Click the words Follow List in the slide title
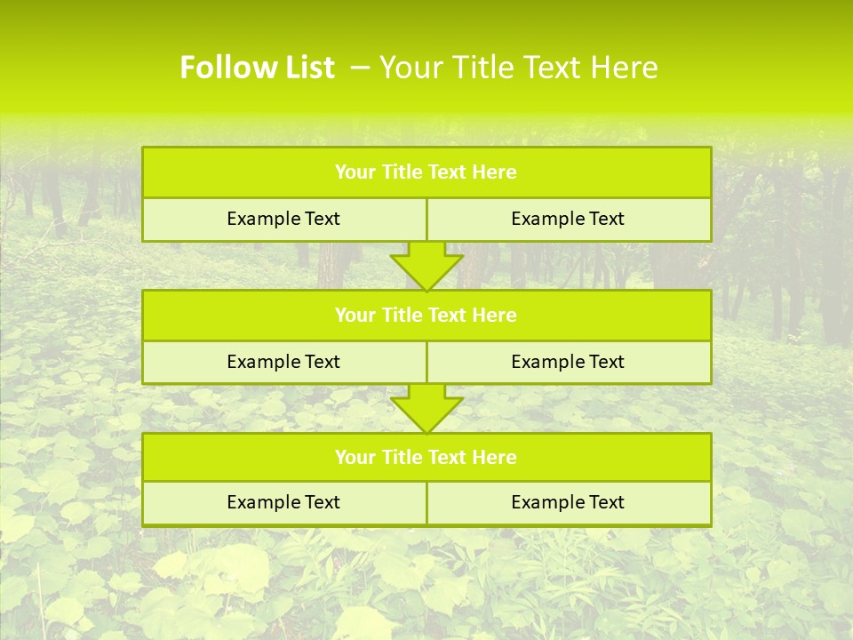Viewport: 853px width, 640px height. point(257,68)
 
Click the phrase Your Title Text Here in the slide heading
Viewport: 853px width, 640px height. point(519,68)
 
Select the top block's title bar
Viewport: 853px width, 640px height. point(426,172)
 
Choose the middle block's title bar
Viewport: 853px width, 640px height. point(426,316)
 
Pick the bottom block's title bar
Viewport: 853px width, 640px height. point(426,458)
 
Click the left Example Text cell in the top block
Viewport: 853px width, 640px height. point(283,220)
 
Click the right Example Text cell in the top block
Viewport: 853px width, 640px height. point(568,220)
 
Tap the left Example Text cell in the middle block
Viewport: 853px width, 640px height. point(283,362)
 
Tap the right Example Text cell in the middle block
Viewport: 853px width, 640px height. point(568,362)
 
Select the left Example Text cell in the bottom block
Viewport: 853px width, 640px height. point(283,502)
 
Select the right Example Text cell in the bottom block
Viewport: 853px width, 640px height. point(568,502)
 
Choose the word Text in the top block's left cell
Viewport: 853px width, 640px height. point(322,220)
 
